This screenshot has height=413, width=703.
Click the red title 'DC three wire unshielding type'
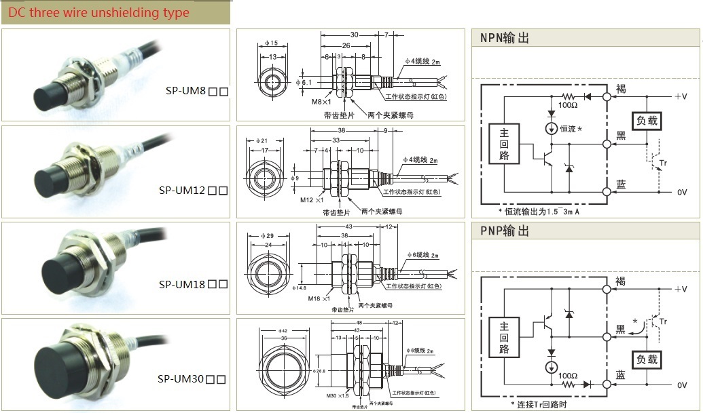(94, 13)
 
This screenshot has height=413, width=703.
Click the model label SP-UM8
(185, 91)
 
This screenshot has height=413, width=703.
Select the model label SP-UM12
(182, 191)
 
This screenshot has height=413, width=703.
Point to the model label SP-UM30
(181, 379)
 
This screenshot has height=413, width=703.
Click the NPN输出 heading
(504, 39)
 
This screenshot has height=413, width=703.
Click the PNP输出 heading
(504, 232)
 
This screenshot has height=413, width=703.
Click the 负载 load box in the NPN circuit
(646, 121)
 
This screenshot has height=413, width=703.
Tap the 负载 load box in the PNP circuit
(646, 358)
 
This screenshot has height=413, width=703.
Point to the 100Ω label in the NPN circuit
(568, 106)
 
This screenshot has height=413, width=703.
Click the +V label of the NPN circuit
(681, 97)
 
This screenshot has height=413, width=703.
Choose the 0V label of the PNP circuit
(682, 385)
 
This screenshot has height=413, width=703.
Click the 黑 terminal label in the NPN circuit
(620, 136)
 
